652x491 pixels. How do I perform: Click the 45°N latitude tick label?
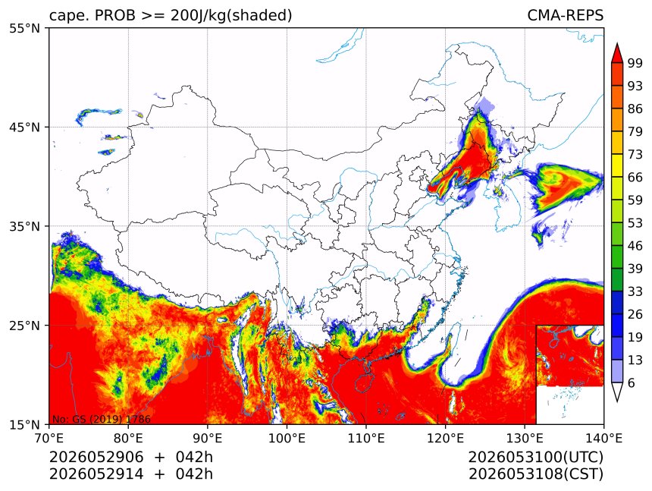[24, 127]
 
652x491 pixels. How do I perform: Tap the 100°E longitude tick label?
[287, 438]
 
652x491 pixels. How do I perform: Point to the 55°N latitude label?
[24, 28]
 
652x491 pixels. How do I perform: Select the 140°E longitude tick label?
[603, 438]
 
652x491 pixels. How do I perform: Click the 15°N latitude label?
[24, 425]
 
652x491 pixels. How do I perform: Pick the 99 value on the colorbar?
[635, 63]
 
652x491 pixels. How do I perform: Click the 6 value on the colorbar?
[632, 382]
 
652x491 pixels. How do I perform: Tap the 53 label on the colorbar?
[635, 223]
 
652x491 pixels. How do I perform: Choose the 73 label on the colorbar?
[635, 155]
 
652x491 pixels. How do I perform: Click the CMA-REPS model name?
[565, 15]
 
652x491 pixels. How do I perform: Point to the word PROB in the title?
[115, 15]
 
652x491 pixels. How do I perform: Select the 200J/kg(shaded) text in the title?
[231, 16]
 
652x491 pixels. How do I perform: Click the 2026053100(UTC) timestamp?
[535, 457]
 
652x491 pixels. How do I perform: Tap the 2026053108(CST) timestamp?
[535, 474]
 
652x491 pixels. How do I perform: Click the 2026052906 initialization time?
[96, 457]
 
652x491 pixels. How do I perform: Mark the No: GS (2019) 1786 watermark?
[101, 419]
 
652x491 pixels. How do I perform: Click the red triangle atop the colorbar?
[617, 52]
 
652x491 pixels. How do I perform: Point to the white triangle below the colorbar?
[617, 392]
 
